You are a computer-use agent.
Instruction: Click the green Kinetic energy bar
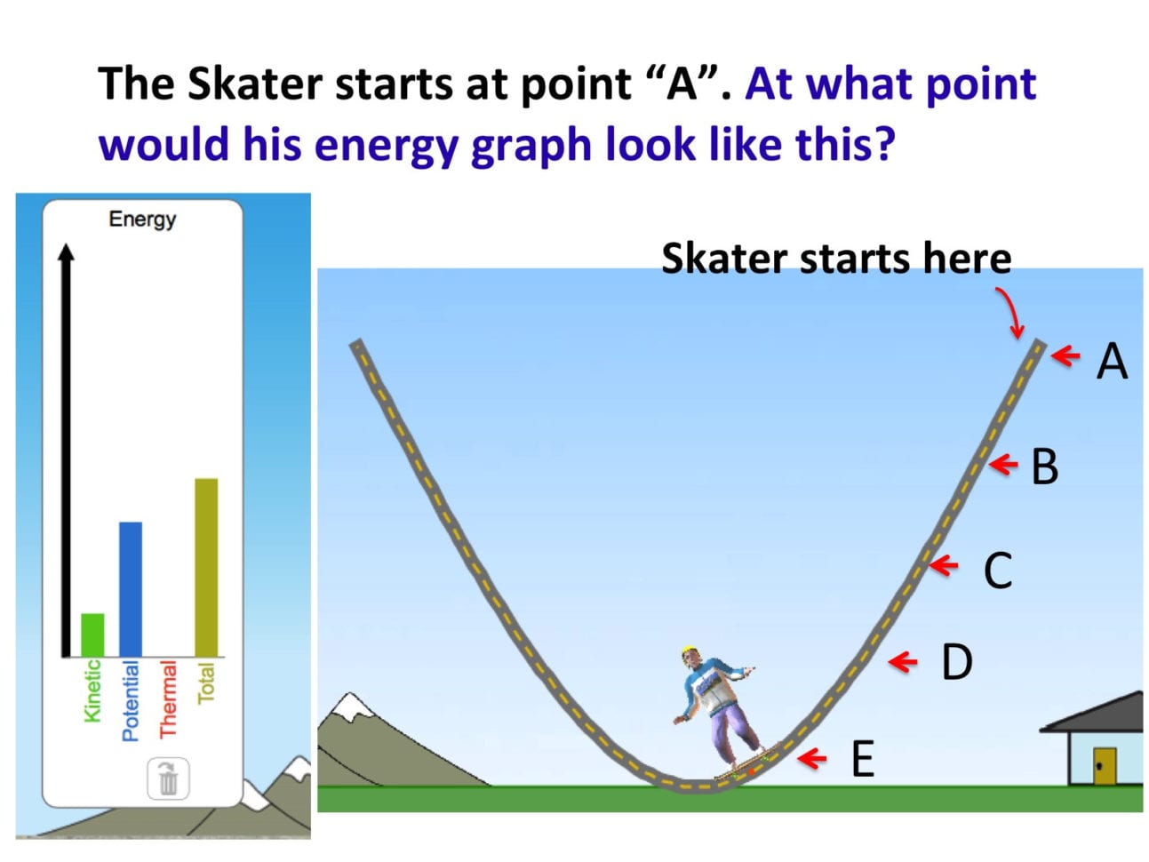point(92,635)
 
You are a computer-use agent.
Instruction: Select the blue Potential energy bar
point(131,588)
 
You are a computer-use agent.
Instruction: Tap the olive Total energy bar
point(206,567)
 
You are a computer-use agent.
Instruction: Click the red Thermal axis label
point(168,699)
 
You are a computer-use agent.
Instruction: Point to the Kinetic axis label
point(92,690)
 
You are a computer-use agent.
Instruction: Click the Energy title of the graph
point(142,219)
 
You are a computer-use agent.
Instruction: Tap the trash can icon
point(168,779)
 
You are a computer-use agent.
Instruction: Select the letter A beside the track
point(1111,362)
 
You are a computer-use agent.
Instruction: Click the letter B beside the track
point(1044,467)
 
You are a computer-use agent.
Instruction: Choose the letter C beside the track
point(997,571)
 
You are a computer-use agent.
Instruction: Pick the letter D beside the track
point(956,662)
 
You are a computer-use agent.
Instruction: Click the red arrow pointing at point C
point(944,564)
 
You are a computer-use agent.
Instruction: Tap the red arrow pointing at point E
point(812,758)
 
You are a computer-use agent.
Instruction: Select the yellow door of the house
point(1104,765)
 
